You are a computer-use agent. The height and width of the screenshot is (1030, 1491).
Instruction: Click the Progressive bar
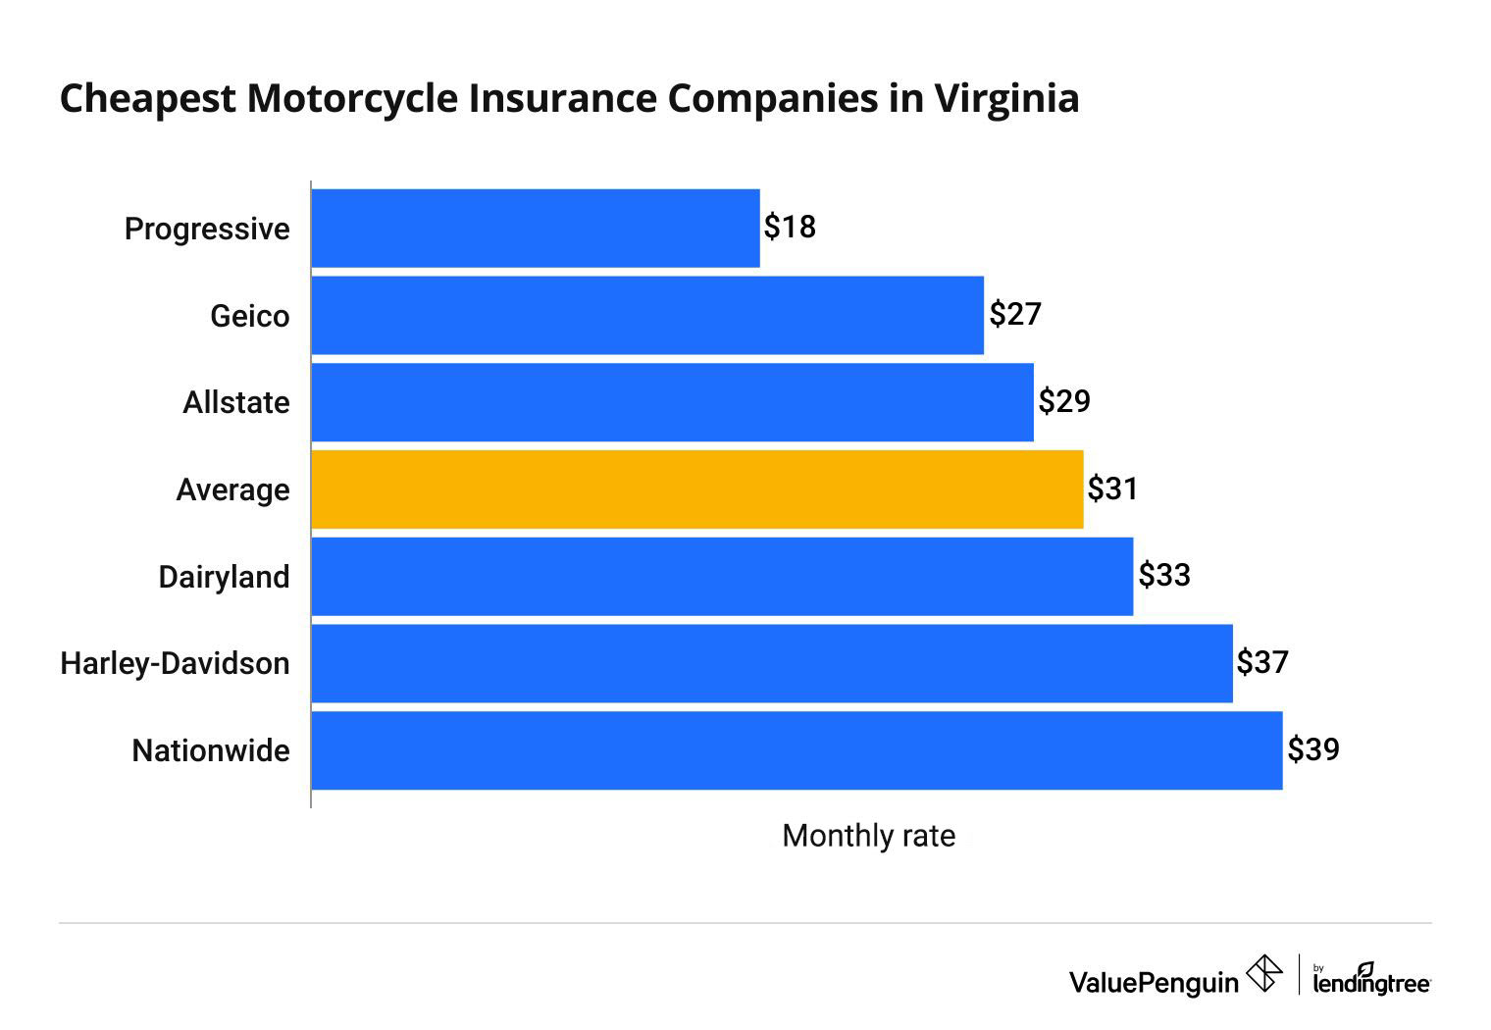pyautogui.click(x=535, y=228)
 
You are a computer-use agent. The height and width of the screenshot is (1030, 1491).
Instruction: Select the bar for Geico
pyautogui.click(x=647, y=315)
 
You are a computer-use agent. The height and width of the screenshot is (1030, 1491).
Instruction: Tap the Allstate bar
pyautogui.click(x=672, y=402)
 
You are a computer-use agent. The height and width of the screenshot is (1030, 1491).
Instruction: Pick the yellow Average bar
pyautogui.click(x=696, y=489)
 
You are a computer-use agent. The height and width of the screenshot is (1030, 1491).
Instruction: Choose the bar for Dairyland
pyautogui.click(x=722, y=577)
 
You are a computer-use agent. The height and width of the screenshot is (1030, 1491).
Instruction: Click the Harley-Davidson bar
pyautogui.click(x=771, y=663)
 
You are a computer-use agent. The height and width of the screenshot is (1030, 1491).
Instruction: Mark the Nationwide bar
pyautogui.click(x=797, y=750)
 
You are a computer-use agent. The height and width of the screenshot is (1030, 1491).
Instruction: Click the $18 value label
pyautogui.click(x=790, y=227)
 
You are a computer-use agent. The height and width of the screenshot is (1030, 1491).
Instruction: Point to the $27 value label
pyautogui.click(x=1014, y=314)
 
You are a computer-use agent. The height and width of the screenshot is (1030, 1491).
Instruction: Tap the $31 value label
pyautogui.click(x=1112, y=489)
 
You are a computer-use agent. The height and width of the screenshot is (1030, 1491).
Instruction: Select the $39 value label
pyautogui.click(x=1312, y=749)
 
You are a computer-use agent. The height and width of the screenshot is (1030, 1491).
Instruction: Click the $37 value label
pyautogui.click(x=1261, y=662)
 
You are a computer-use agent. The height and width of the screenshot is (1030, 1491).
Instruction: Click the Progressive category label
pyautogui.click(x=207, y=229)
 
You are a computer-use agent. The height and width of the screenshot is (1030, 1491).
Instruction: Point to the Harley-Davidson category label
pyautogui.click(x=175, y=663)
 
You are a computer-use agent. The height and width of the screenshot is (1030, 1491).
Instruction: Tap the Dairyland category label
pyautogui.click(x=224, y=577)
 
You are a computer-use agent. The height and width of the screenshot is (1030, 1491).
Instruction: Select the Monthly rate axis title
pyautogui.click(x=868, y=836)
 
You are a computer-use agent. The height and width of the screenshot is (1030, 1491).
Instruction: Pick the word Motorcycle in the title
pyautogui.click(x=351, y=98)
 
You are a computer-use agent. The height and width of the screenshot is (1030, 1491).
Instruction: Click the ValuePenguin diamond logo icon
pyautogui.click(x=1263, y=974)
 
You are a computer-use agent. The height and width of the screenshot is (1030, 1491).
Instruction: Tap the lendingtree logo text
pyautogui.click(x=1370, y=982)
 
